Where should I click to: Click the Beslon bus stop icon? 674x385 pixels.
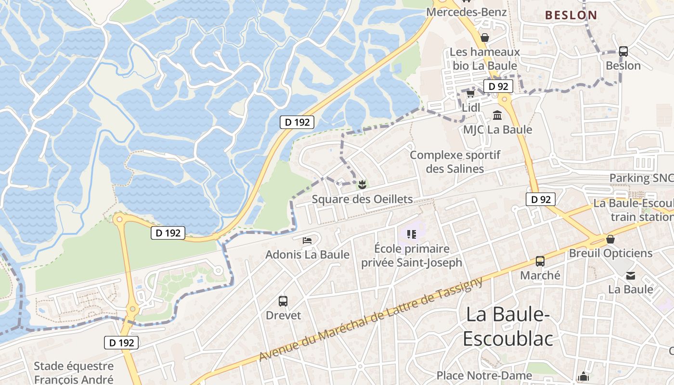pos(623,51)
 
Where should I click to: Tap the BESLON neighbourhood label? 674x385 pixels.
pos(571,15)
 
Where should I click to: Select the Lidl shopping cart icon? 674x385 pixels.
pos(470,93)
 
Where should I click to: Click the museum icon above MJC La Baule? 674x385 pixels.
pos(497,115)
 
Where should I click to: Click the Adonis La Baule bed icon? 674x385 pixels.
pos(307,240)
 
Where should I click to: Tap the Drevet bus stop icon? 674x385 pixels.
pos(283,301)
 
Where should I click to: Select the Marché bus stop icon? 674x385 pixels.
pos(540,261)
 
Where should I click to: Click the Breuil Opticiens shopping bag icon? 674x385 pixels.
pos(610,239)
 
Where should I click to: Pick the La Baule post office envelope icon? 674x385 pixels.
pos(630,276)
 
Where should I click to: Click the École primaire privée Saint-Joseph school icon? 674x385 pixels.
pos(411,234)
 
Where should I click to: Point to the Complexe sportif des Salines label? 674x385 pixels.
pos(455,162)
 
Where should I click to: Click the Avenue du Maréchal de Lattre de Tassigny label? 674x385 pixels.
pos(371,319)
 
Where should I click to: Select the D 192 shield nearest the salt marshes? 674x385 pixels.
pos(297,122)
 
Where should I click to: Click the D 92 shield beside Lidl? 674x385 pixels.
pos(498,87)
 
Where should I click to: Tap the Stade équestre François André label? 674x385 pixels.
pos(74,373)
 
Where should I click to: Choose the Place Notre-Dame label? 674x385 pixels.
pos(484,375)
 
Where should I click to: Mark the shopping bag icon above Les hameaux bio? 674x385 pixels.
pos(485,38)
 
